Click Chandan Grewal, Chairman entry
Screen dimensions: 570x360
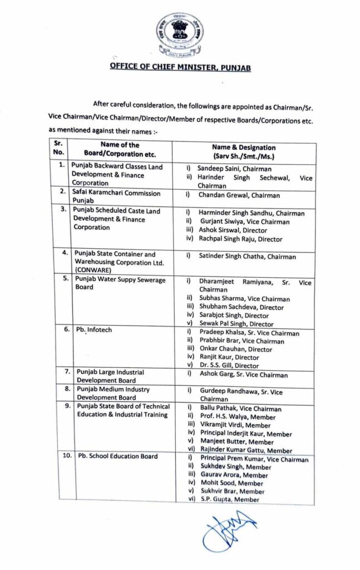[239, 195]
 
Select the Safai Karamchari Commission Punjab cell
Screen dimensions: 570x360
[116, 198]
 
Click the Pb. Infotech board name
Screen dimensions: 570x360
[94, 330]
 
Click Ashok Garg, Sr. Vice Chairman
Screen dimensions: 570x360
[243, 375]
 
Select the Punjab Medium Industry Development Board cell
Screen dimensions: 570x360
[110, 394]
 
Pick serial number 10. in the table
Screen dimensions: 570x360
[67, 456]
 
